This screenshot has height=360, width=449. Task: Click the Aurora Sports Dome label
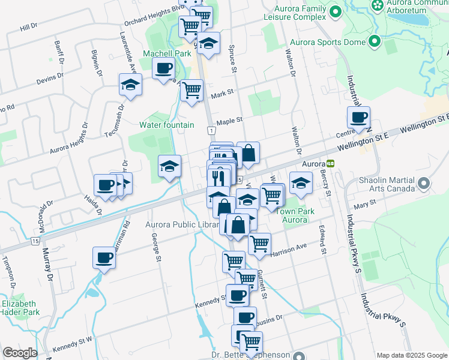coord(327,43)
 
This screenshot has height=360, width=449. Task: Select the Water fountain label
coord(167,125)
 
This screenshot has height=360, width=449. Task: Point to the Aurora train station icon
coord(330,163)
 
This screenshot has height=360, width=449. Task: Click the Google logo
coord(19,353)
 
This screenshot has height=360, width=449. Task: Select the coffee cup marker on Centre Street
coord(359,117)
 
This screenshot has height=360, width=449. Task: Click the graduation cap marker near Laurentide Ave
coord(130,85)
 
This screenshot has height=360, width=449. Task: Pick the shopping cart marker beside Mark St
coord(191,91)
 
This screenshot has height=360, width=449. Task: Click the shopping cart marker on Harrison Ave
coord(259,244)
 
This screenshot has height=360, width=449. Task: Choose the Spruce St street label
coord(231,56)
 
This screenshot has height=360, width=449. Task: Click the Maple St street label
coord(229,121)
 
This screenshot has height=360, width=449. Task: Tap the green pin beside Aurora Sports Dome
coord(375,42)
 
